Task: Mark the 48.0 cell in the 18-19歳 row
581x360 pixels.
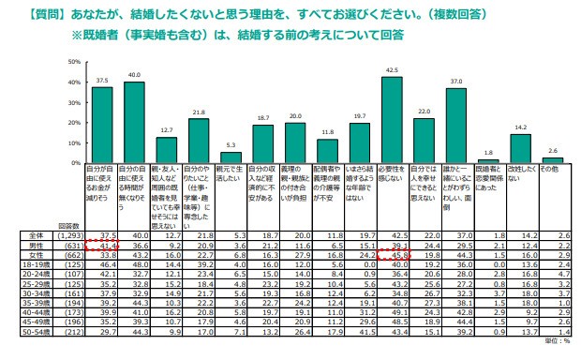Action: [135, 286]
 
